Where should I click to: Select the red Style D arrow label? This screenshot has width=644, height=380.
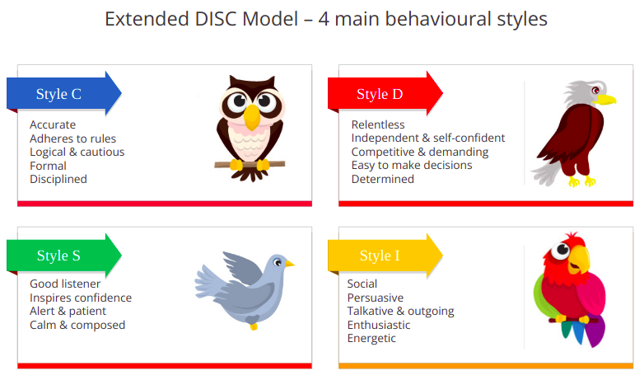pyautogui.click(x=385, y=94)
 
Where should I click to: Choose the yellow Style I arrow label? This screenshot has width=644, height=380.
pyautogui.click(x=385, y=256)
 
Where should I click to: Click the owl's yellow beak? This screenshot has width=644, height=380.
pyautogui.click(x=252, y=117)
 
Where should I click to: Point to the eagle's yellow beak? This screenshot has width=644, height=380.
pyautogui.click(x=605, y=99)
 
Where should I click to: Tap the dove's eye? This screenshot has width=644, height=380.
pyautogui.click(x=278, y=262)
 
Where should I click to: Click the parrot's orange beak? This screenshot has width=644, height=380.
pyautogui.click(x=579, y=260)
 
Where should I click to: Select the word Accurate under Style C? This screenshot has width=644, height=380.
pyautogui.click(x=53, y=124)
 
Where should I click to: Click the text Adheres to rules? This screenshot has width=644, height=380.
pyautogui.click(x=72, y=138)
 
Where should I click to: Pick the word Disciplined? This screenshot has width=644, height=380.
pyautogui.click(x=58, y=180)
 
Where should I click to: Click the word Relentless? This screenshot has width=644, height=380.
pyautogui.click(x=378, y=124)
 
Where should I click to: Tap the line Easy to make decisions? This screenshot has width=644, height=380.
pyautogui.click(x=412, y=166)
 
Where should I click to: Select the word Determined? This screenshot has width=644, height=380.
pyautogui.click(x=382, y=180)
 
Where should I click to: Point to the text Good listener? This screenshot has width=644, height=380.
pyautogui.click(x=65, y=284)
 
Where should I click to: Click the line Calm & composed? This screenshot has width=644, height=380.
pyautogui.click(x=77, y=325)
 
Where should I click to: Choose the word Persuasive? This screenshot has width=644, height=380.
pyautogui.click(x=376, y=298)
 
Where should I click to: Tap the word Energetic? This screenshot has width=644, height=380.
pyautogui.click(x=371, y=339)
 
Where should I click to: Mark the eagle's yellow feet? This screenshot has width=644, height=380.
pyautogui.click(x=582, y=181)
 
